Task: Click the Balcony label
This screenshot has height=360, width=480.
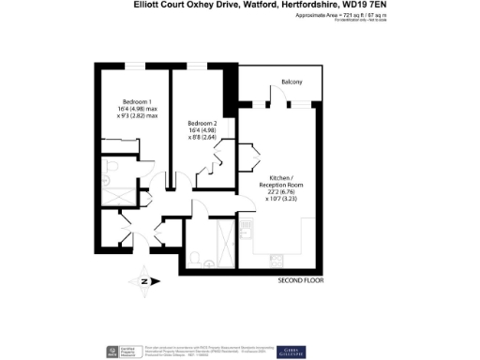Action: click(x=292, y=82)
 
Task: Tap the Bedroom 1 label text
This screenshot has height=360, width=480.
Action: click(x=138, y=100)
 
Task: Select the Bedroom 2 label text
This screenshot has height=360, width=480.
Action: click(x=202, y=124)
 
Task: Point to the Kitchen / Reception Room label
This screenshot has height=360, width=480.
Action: click(x=283, y=182)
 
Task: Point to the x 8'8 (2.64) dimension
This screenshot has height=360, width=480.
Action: click(x=202, y=139)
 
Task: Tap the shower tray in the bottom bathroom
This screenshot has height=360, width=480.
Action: click(x=225, y=232)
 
